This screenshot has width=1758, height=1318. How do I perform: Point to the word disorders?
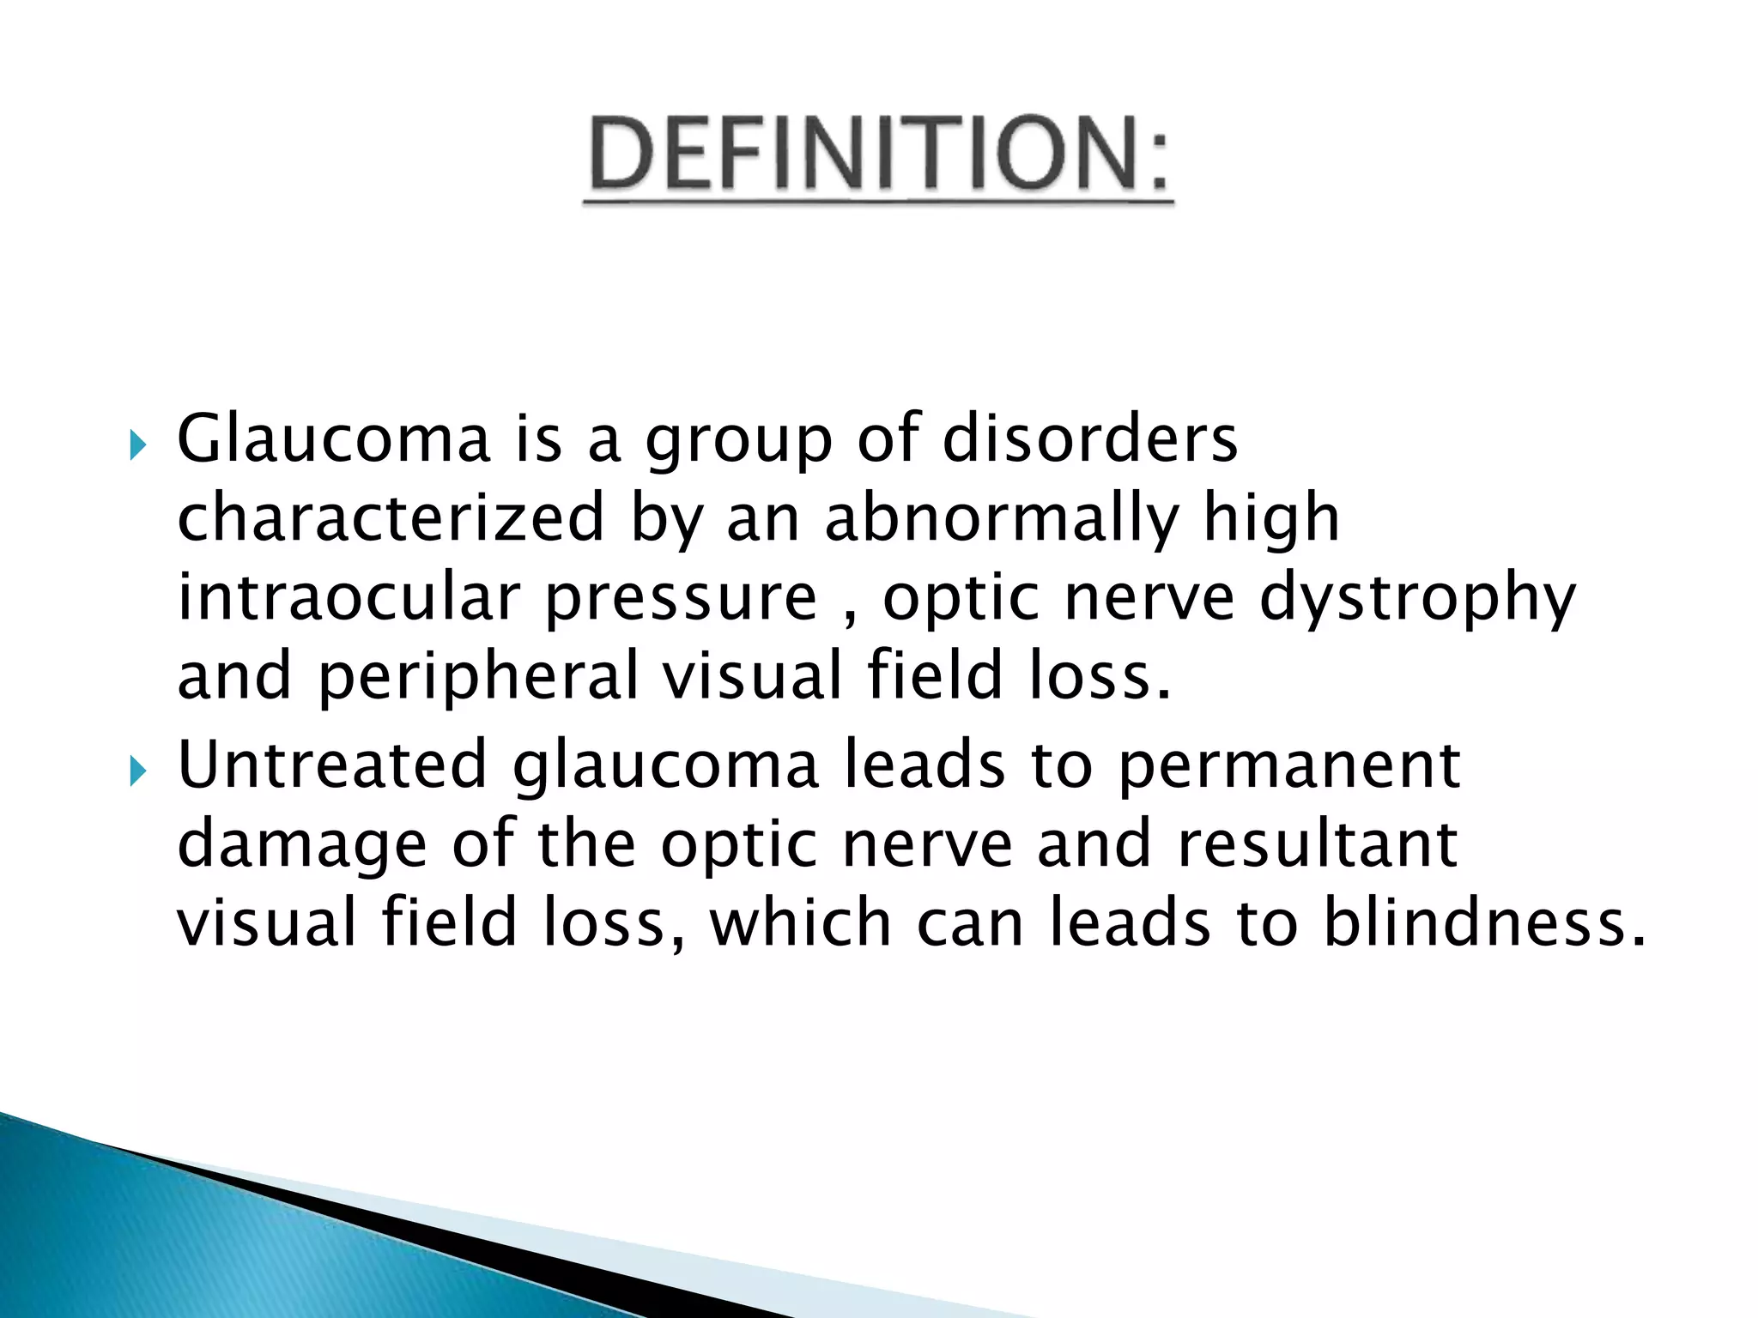pyautogui.click(x=1089, y=438)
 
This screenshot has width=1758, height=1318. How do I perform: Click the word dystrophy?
pyautogui.click(x=1417, y=598)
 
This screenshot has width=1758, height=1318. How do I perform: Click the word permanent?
pyautogui.click(x=1288, y=767)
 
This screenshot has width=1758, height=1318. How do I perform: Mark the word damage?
pyautogui.click(x=302, y=846)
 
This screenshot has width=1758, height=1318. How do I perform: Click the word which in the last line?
pyautogui.click(x=800, y=922)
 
